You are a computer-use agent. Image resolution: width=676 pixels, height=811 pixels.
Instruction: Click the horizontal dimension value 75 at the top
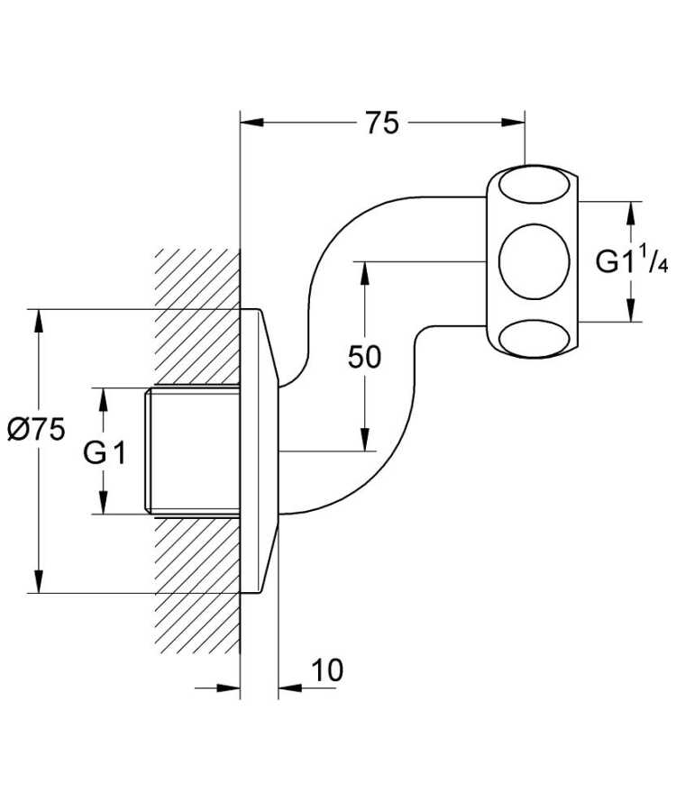coord(382,123)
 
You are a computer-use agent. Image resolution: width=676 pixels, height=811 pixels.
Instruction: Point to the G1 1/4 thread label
coord(632,262)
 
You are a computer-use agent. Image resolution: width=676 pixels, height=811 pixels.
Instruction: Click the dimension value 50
coord(364,357)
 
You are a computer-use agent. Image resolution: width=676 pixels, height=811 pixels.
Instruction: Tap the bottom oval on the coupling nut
coord(533,338)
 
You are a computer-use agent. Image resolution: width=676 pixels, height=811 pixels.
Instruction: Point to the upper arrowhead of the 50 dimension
coord(364,269)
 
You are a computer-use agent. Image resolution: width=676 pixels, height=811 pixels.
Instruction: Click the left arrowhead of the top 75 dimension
coord(251,121)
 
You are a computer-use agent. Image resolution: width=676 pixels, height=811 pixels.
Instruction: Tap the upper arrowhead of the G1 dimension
coord(104,397)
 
